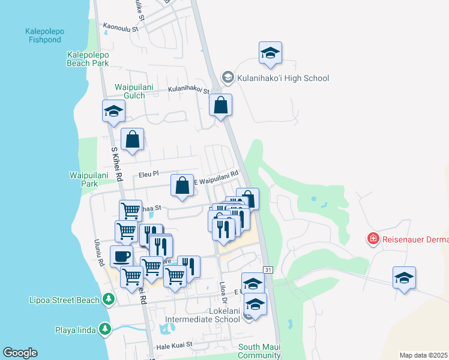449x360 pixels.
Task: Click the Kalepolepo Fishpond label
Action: pyautogui.click(x=44, y=35)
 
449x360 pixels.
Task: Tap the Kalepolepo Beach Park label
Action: pyautogui.click(x=88, y=58)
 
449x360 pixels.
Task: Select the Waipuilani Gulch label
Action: pyautogui.click(x=134, y=91)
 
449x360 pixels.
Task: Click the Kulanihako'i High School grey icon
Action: pyautogui.click(x=228, y=77)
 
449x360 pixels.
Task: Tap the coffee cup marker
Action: pyautogui.click(x=121, y=256)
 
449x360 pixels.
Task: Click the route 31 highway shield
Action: pyautogui.click(x=268, y=271)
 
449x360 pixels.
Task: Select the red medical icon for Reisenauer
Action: pyautogui.click(x=373, y=239)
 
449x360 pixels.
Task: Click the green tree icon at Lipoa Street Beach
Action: pyautogui.click(x=107, y=298)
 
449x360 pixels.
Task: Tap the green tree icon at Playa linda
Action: pyautogui.click(x=105, y=329)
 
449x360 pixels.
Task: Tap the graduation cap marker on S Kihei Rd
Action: pyautogui.click(x=113, y=111)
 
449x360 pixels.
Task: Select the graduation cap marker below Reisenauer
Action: pyautogui.click(x=405, y=278)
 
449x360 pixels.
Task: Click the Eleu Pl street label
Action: pyautogui.click(x=148, y=174)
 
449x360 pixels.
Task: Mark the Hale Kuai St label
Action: pyautogui.click(x=173, y=346)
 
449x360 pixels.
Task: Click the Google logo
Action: pyautogui.click(x=20, y=353)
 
